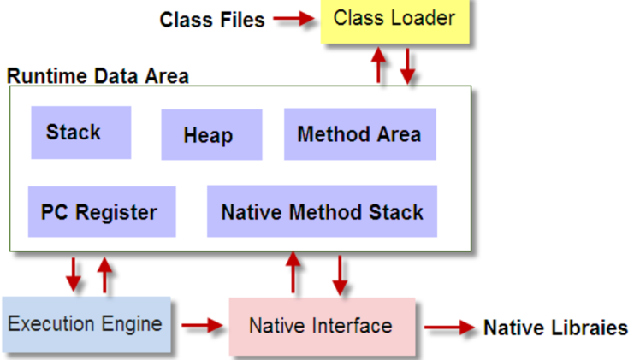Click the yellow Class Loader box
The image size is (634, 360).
click(x=395, y=21)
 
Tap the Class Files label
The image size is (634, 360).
click(x=212, y=20)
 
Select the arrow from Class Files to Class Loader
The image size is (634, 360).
click(x=293, y=18)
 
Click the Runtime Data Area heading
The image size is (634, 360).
click(x=98, y=76)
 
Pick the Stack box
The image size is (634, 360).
click(x=81, y=133)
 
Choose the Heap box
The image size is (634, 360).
click(x=211, y=135)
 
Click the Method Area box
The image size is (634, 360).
click(x=360, y=134)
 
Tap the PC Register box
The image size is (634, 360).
click(x=102, y=212)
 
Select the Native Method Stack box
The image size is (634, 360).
click(x=322, y=211)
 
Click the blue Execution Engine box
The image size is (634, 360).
click(x=86, y=324)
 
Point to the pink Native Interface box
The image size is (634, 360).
click(x=322, y=326)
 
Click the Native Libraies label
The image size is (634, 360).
click(x=555, y=328)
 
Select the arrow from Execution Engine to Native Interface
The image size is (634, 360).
click(x=202, y=324)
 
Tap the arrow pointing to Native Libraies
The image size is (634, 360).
click(x=449, y=328)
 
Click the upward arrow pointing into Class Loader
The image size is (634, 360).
click(x=378, y=65)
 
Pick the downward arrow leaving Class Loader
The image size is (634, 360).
click(x=407, y=66)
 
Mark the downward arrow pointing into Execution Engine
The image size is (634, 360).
click(x=74, y=274)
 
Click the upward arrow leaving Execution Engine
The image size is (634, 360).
click(x=104, y=275)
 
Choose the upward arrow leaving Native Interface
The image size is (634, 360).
click(x=293, y=272)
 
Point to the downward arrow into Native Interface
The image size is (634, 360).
click(x=340, y=275)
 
